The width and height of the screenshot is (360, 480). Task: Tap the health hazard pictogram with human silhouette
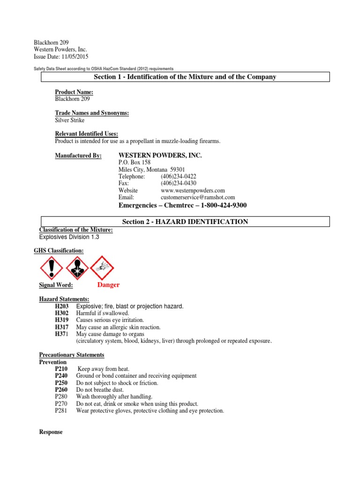point(77,268)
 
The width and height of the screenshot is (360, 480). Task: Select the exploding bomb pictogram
point(102,268)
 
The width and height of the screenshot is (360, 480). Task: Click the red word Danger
point(108,285)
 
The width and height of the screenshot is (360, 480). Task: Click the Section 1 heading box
point(185,77)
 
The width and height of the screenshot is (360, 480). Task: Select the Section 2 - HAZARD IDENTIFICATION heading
point(185,222)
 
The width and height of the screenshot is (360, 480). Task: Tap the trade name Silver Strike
point(70,120)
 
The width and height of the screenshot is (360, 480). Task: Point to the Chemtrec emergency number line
point(183,205)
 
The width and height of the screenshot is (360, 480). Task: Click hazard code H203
point(62,306)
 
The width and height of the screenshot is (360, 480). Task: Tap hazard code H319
point(62,320)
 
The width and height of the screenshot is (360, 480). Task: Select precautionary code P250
point(62,383)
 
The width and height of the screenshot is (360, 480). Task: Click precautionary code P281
point(61,411)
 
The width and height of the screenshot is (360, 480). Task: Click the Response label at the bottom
point(51,432)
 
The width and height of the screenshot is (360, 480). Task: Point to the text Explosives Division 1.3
point(69,237)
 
